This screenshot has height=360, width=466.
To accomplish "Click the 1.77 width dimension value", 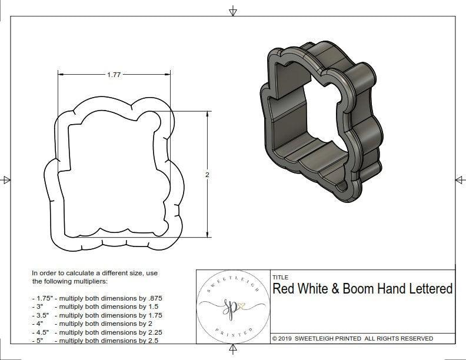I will [x=115, y=75].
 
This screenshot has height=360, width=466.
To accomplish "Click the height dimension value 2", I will [x=208, y=175].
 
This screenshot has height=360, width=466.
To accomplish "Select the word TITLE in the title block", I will [x=280, y=277].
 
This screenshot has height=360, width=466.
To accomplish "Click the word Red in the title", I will [x=284, y=289].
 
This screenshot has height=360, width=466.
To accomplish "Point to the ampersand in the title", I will [x=345, y=289].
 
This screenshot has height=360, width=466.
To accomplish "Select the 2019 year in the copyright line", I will [x=287, y=339].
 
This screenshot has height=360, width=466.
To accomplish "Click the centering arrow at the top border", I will [x=234, y=11].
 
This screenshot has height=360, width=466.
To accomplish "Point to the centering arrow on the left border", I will [x=6, y=180].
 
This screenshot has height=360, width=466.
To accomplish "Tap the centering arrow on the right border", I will [x=460, y=180].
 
